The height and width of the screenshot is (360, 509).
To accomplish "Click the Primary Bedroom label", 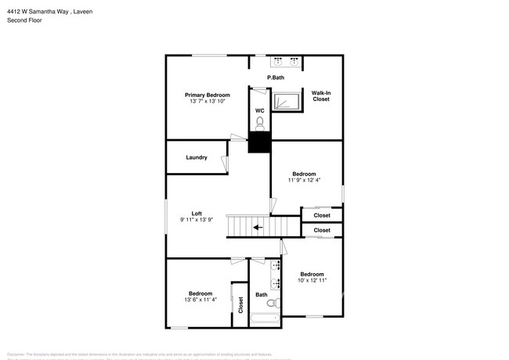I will click(207, 95).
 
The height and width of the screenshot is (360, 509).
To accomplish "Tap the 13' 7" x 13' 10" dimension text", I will click(207, 102).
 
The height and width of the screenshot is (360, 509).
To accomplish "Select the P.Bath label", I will click(275, 77).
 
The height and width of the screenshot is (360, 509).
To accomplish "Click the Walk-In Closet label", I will click(321, 96).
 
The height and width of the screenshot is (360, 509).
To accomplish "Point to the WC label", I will click(259, 110).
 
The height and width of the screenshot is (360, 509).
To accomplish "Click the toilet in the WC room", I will click(259, 123).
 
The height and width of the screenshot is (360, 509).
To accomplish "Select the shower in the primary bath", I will click(286, 102).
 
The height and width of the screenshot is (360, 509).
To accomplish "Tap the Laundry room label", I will click(197, 157).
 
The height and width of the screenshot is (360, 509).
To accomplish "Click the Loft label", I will click(197, 214).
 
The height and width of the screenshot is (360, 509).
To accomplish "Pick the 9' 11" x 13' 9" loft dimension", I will click(197, 221).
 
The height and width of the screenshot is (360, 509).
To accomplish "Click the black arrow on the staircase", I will click(258, 228).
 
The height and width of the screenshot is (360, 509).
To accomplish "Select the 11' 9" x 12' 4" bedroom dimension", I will click(304, 180).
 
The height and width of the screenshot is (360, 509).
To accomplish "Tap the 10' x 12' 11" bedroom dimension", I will click(312, 280).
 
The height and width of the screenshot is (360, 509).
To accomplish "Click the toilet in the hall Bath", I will click(273, 303).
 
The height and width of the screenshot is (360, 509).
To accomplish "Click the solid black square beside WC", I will click(259, 142).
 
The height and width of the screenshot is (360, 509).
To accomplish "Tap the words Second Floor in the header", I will click(26, 20).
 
